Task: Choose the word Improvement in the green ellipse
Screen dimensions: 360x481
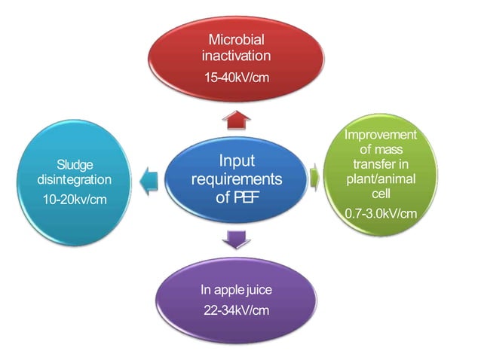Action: [381, 135]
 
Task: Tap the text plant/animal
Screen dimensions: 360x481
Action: [381, 179]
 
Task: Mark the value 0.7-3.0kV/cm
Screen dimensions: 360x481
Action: [381, 213]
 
